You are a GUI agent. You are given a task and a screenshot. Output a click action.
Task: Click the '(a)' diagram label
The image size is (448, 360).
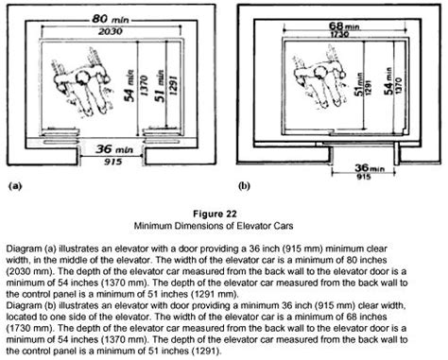[x=15, y=185]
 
